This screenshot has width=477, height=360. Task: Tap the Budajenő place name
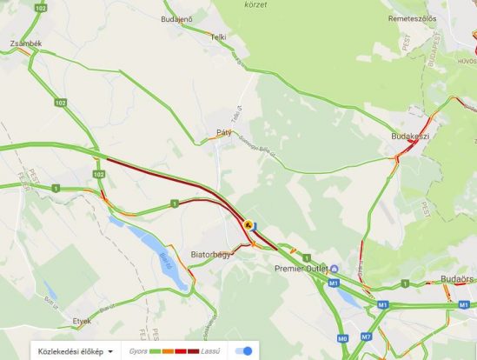(x=177, y=19)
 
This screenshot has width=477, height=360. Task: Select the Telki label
(x=217, y=37)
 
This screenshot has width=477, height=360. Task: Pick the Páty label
(x=224, y=133)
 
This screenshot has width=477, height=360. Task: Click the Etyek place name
(x=82, y=320)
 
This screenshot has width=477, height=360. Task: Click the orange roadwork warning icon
(x=249, y=224)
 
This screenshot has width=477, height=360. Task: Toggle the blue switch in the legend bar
(x=249, y=351)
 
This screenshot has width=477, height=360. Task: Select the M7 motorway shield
(x=366, y=337)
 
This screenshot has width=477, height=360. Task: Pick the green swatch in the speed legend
(x=157, y=351)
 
